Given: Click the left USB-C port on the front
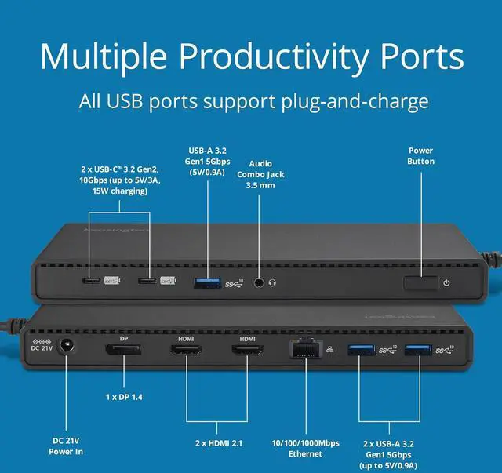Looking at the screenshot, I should [x=91, y=281].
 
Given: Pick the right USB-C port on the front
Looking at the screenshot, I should [x=146, y=281].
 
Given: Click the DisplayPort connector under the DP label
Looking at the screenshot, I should [x=124, y=351].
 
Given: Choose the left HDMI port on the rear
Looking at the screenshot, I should [x=187, y=351].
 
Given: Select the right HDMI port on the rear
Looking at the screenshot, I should [x=247, y=351].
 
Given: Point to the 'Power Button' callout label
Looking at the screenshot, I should [x=420, y=155].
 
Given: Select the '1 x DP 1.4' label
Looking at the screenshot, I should [x=123, y=397].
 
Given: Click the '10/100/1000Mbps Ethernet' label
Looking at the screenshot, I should [x=304, y=448].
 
